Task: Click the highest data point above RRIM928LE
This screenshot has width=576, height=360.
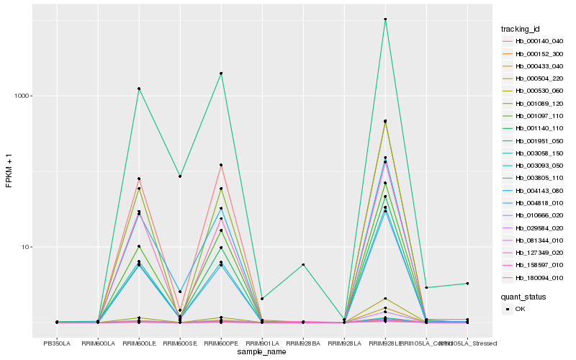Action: click(385, 19)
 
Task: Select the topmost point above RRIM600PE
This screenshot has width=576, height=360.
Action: click(220, 73)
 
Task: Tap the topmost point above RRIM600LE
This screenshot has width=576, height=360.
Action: click(138, 89)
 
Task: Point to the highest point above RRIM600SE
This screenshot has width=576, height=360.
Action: click(179, 176)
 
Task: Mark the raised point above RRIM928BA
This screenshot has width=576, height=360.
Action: click(303, 265)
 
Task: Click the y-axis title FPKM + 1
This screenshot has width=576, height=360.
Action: click(9, 170)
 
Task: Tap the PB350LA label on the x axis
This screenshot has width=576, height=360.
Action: click(57, 343)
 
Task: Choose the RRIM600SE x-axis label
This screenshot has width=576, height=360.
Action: click(179, 343)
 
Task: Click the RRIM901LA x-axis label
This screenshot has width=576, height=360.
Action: click(261, 343)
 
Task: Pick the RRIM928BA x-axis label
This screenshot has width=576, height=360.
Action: click(303, 343)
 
